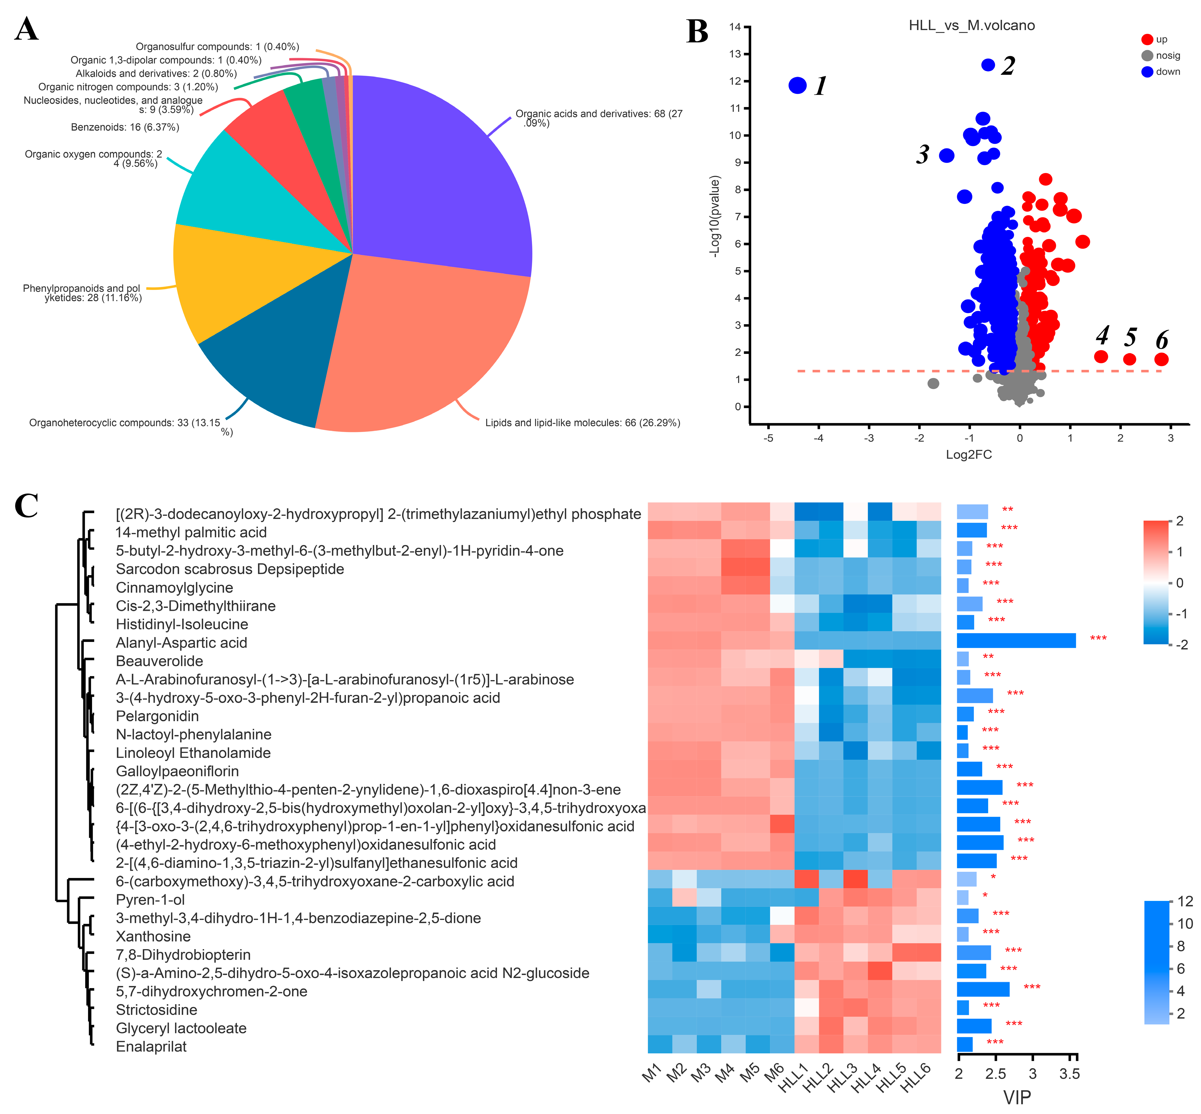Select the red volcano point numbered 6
[1161, 359]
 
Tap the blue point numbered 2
[988, 65]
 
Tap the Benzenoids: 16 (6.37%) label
[125, 127]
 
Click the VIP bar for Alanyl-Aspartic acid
[1016, 640]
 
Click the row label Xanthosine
[153, 936]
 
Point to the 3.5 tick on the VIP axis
[1070, 1074]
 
